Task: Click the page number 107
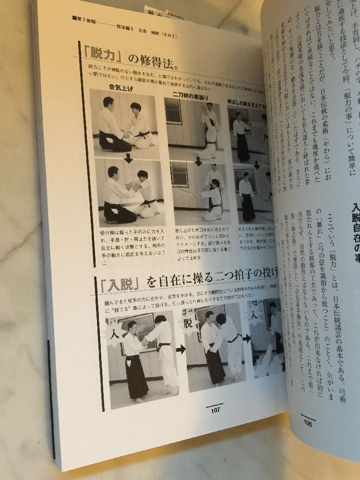(215, 410)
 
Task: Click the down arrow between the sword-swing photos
(198, 162)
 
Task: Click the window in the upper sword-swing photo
(174, 111)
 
